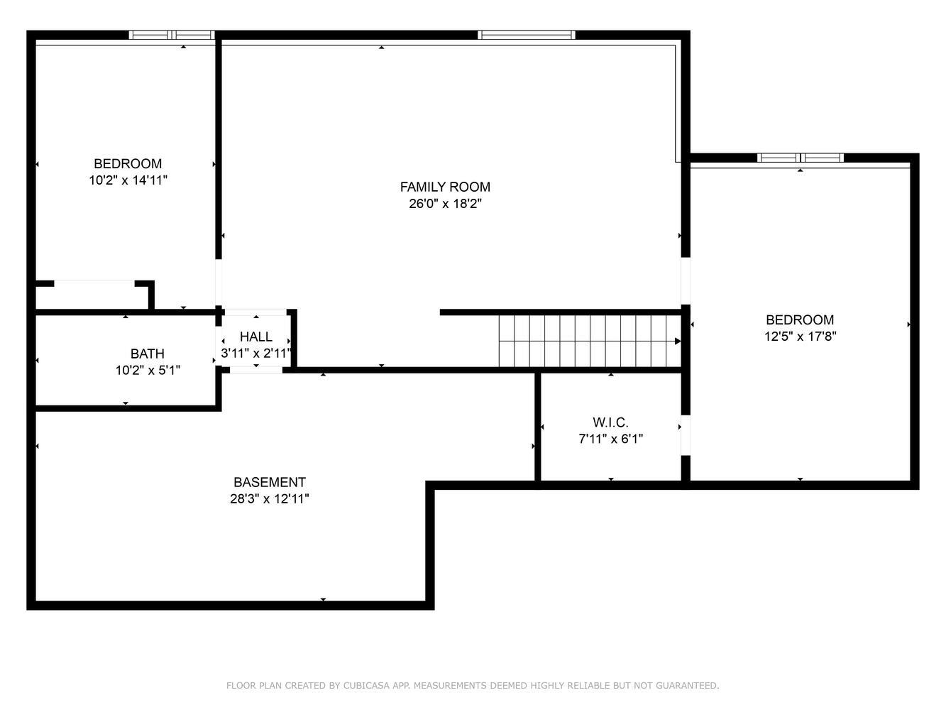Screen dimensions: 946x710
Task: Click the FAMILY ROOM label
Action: click(x=445, y=187)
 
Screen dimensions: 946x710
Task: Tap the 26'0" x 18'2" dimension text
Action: click(x=445, y=203)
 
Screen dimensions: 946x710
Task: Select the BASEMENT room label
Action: click(x=270, y=481)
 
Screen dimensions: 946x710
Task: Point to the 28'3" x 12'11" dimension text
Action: click(x=270, y=498)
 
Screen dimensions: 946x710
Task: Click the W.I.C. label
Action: click(x=610, y=422)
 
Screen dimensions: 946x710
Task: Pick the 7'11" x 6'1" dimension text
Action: click(x=610, y=438)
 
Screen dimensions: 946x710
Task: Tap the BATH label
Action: click(x=148, y=354)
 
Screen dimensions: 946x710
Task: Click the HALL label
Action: click(x=256, y=337)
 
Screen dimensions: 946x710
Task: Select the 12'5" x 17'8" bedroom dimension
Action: click(x=800, y=336)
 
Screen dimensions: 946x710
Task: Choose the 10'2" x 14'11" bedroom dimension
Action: click(x=128, y=180)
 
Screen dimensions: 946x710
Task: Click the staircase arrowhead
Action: click(x=678, y=341)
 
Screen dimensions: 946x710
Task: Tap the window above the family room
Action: click(x=527, y=35)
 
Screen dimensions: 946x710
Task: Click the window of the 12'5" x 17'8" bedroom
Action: click(x=801, y=158)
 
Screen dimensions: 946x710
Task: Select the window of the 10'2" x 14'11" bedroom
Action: click(x=172, y=35)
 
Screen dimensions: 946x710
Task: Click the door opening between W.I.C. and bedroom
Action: click(x=686, y=435)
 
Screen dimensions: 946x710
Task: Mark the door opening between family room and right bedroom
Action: click(x=686, y=281)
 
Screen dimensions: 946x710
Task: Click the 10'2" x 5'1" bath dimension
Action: click(x=148, y=370)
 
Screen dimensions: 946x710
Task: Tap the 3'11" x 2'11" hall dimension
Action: click(x=256, y=353)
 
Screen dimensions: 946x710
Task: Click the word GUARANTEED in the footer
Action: click(x=688, y=685)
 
